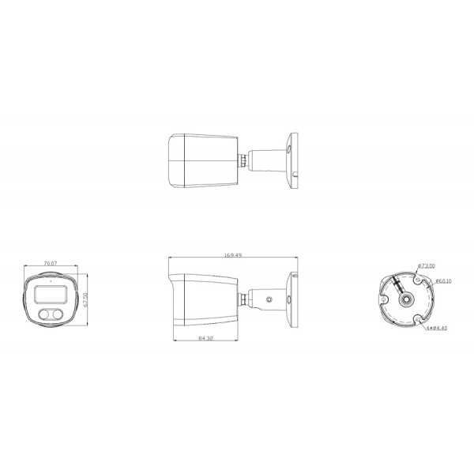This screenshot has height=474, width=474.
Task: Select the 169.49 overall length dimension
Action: coord(233,255)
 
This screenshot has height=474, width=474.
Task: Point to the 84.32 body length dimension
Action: coord(205,338)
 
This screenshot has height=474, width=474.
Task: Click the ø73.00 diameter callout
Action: coord(427,266)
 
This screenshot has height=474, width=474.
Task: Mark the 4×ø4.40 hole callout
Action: coord(436,326)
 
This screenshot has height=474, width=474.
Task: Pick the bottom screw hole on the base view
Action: coord(416,320)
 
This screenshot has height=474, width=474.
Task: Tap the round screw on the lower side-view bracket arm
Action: coord(270,300)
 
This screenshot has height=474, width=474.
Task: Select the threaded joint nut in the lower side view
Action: coord(244,300)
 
